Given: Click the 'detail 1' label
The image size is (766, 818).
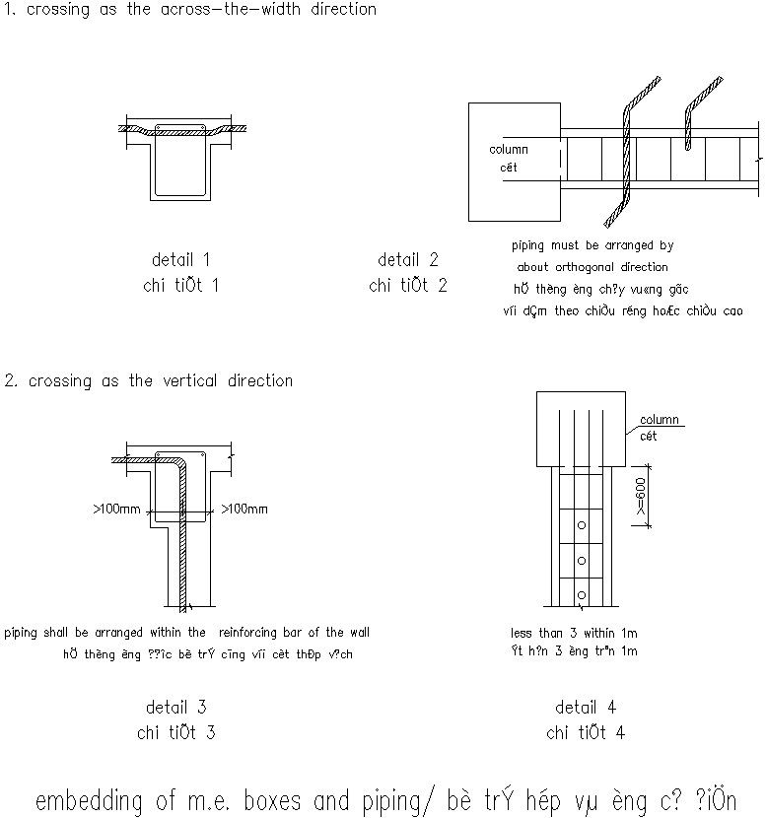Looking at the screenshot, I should pyautogui.click(x=180, y=260).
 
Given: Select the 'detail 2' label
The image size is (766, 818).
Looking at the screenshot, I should pyautogui.click(x=407, y=260).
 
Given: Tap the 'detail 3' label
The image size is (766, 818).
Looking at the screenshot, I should pyautogui.click(x=175, y=707).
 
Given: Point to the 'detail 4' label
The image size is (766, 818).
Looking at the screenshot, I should pyautogui.click(x=585, y=707).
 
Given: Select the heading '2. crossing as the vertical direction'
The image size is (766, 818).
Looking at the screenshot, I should pyautogui.click(x=149, y=381).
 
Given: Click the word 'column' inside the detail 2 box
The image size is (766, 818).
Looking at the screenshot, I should pyautogui.click(x=509, y=150).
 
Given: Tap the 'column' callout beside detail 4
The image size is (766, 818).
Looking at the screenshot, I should pyautogui.click(x=659, y=420).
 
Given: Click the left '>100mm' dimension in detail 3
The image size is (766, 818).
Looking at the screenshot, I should pyautogui.click(x=116, y=510).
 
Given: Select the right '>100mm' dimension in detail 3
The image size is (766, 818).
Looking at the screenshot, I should pyautogui.click(x=244, y=510).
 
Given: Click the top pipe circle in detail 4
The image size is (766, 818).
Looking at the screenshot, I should pyautogui.click(x=582, y=526).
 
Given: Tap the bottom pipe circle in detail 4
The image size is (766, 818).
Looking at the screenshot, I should pyautogui.click(x=582, y=594).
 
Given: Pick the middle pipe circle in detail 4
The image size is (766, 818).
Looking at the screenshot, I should pyautogui.click(x=582, y=561).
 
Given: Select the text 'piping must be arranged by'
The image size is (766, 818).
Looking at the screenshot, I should pyautogui.click(x=592, y=245).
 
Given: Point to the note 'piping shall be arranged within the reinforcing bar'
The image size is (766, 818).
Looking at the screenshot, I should pyautogui.click(x=187, y=633).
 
